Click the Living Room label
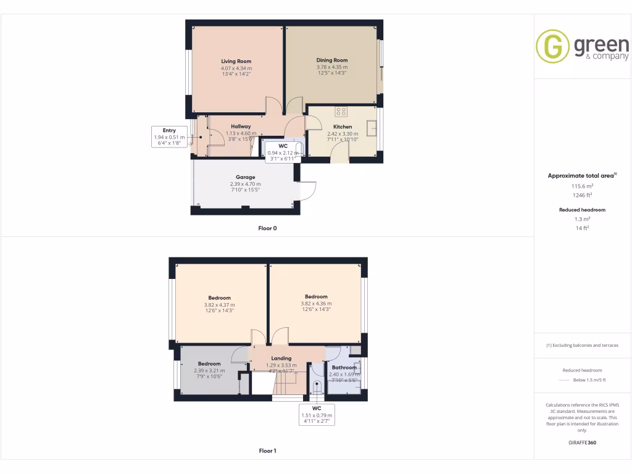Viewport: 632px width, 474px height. click(236, 62)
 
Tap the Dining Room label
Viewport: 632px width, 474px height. click(332, 60)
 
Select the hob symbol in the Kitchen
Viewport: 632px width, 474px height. click(341, 112)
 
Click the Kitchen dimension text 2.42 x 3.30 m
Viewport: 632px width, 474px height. click(343, 133)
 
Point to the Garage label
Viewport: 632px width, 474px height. click(245, 177)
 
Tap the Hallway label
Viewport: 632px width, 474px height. click(241, 127)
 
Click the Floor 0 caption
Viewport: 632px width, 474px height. click(267, 228)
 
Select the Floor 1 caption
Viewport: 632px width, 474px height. click(267, 451)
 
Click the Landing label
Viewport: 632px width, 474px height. click(281, 358)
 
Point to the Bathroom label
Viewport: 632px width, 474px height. click(344, 368)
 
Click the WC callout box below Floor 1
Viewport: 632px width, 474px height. click(317, 415)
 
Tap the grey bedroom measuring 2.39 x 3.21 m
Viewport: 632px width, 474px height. click(209, 370)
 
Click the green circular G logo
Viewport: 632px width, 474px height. click(552, 46)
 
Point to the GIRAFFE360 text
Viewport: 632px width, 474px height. click(583, 443)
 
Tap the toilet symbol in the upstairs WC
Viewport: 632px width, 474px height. click(317, 388)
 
